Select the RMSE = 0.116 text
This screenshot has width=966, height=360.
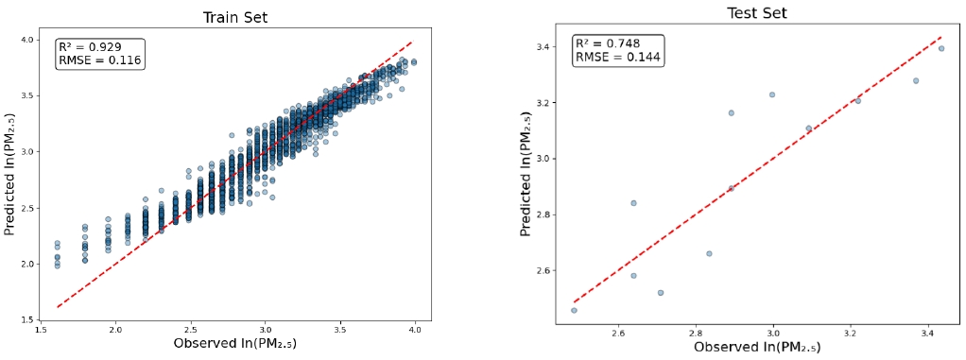coord(99,60)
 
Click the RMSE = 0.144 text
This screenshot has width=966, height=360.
coord(618,58)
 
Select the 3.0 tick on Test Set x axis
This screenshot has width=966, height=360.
coord(773,334)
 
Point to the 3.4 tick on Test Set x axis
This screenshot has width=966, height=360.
coord(928,334)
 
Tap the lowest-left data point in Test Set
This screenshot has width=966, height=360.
coord(574,310)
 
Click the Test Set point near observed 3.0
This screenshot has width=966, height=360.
coord(772,94)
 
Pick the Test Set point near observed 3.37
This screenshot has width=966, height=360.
coord(916,80)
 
